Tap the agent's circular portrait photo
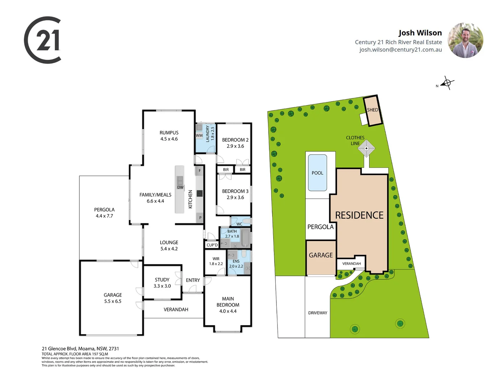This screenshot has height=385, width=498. pyautogui.click(x=465, y=40)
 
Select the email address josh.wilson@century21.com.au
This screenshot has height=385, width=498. pyautogui.click(x=400, y=50)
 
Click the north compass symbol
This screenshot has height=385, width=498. pyautogui.click(x=447, y=83)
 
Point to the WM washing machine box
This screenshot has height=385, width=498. pyautogui.click(x=199, y=135)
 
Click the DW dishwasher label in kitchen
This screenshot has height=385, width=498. pyautogui.click(x=180, y=187)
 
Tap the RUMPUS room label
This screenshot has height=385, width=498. pyautogui.click(x=169, y=133)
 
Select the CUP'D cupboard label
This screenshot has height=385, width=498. pyautogui.click(x=212, y=245)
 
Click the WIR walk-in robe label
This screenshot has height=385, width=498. pyautogui.click(x=216, y=259)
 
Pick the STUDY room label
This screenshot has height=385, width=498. pyautogui.click(x=162, y=280)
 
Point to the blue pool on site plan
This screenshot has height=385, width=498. pyautogui.click(x=317, y=173)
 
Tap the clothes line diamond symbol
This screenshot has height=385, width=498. pyautogui.click(x=366, y=148)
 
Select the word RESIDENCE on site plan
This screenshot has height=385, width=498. pyautogui.click(x=359, y=215)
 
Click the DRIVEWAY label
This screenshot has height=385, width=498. pyautogui.click(x=317, y=313)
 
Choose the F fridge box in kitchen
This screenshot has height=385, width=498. pyautogui.click(x=199, y=171)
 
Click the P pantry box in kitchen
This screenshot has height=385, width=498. pyautogui.click(x=200, y=217)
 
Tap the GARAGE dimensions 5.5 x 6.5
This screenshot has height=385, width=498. pyautogui.click(x=113, y=301)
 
